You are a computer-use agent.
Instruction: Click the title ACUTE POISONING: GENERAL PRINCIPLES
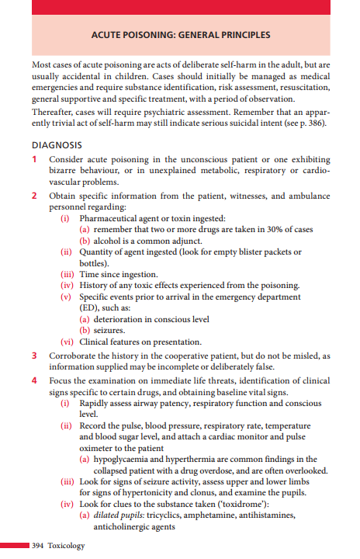180,35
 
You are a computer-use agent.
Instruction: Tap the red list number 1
35,159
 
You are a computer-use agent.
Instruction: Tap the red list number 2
35,196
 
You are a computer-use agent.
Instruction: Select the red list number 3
35,356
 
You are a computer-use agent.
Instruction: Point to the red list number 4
35,380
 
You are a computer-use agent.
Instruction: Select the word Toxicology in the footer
65,546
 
